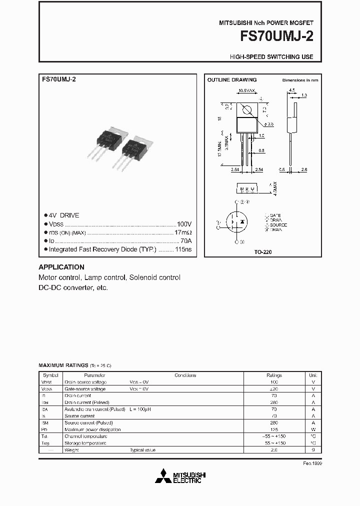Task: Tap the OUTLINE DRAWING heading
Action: (x=232, y=80)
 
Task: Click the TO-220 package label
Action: (x=263, y=252)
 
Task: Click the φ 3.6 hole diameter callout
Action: (x=268, y=123)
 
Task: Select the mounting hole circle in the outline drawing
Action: (x=246, y=110)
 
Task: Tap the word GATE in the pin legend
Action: (x=276, y=215)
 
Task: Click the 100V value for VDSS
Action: (x=184, y=224)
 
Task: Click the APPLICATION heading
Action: (x=61, y=267)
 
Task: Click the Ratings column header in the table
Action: (x=274, y=375)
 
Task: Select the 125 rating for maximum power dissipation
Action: (x=274, y=429)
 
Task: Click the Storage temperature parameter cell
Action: (x=85, y=443)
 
